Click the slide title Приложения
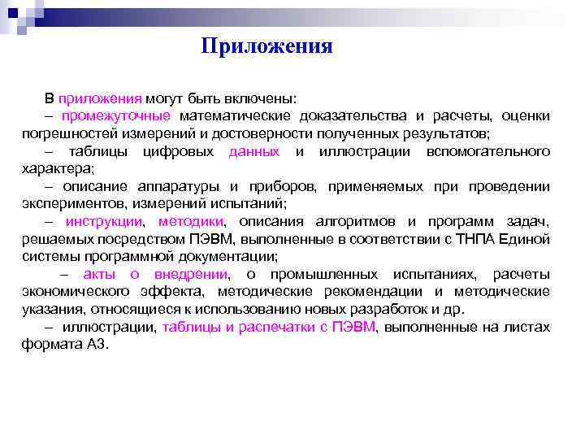267,46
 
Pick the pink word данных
254,151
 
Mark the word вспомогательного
490,151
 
